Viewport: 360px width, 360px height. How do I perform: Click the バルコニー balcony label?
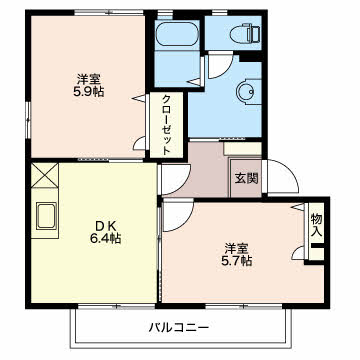(179, 328)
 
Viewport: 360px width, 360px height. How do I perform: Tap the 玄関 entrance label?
(247, 179)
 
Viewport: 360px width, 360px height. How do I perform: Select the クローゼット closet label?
(167, 125)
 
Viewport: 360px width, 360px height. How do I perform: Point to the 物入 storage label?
(317, 225)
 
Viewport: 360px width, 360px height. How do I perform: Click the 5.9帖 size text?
(89, 91)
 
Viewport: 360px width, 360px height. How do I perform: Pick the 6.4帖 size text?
(105, 238)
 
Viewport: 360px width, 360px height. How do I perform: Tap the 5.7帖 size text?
(236, 260)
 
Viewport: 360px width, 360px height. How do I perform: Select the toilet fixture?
(245, 33)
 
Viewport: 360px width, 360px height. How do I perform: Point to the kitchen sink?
(45, 216)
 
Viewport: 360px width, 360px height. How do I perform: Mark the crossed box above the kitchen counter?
(45, 175)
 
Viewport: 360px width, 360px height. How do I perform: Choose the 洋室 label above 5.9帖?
(89, 79)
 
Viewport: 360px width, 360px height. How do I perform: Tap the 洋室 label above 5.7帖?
(236, 248)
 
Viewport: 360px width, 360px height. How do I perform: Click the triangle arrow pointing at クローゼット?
(140, 99)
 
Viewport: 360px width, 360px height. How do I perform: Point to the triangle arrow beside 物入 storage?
(298, 207)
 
